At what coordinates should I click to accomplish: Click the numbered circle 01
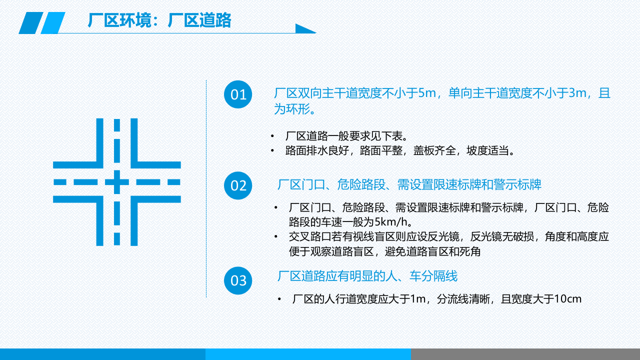coord(238,94)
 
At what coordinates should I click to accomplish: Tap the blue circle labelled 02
coord(238,185)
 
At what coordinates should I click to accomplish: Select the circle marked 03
coord(238,280)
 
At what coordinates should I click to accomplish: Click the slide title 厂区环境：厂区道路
coord(159,20)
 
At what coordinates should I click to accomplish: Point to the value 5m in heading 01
coord(427,93)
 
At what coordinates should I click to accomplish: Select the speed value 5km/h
coord(393,221)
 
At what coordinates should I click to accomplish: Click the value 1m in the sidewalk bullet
coord(417,299)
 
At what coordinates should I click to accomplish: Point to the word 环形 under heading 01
coord(298,109)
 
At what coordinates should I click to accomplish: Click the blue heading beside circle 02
coord(409,185)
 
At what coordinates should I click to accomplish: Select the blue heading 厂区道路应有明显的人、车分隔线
coord(367,276)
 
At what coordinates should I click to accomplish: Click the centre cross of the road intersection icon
coord(117,182)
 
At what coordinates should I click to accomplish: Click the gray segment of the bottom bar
coord(525,354)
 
